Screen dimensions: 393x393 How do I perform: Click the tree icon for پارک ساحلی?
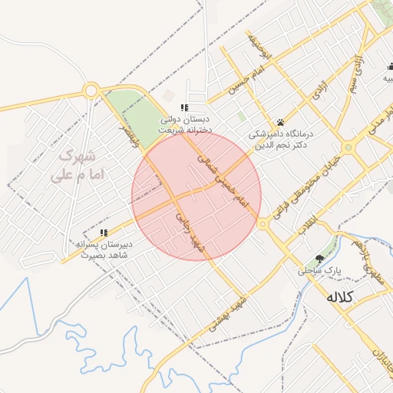coord(319,259)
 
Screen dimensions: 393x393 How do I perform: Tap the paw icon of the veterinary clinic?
coord(280,122)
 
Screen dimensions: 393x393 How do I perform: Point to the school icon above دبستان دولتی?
coord(184,107)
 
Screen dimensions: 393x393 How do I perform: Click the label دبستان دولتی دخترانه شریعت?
coord(184,125)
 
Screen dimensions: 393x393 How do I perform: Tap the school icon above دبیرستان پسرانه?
coord(104,233)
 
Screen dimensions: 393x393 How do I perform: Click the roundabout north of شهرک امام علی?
coord(91,91)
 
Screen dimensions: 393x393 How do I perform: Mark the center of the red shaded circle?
coord(196,196)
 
